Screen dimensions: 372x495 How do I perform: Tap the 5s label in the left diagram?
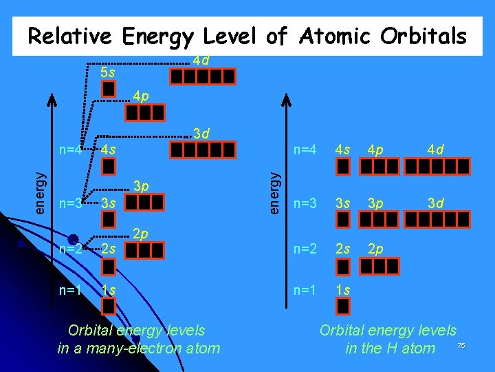coord(108,72)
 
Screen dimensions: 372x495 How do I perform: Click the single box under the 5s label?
coord(109,89)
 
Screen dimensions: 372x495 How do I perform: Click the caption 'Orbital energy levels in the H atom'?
coord(389,339)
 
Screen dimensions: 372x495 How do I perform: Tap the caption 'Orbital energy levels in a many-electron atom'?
coord(139,339)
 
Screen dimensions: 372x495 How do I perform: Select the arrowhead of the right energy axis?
coord(287,96)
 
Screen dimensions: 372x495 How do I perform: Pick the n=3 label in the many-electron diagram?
coord(71,204)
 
